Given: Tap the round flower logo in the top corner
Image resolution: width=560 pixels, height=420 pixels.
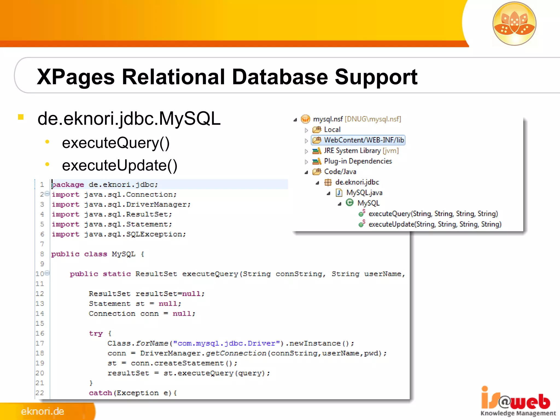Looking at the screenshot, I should coord(514,24).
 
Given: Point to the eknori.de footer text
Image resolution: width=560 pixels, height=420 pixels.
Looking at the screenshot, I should coord(42,411).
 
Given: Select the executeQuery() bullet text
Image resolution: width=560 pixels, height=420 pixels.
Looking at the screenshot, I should coord(116,143).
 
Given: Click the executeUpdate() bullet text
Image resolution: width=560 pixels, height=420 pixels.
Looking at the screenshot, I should coord(119,165).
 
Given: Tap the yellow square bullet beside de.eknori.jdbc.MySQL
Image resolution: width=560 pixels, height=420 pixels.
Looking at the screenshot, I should coord(21,117).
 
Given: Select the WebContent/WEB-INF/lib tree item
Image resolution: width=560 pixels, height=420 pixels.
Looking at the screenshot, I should coord(364,140).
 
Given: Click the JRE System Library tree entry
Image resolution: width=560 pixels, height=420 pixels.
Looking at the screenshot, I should coord(361,151).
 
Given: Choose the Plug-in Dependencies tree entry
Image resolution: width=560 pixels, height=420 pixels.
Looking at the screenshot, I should coord(358,161).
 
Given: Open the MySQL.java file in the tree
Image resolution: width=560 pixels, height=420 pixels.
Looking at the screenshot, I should coord(364,193).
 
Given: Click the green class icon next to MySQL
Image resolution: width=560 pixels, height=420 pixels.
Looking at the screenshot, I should coord(349,203).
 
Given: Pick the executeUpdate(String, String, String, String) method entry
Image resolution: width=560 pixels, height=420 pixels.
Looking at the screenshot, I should coord(435,224).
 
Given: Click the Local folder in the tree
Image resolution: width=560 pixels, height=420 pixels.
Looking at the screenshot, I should coord(332,130).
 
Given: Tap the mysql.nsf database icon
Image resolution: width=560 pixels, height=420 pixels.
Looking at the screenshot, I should coord(305,119).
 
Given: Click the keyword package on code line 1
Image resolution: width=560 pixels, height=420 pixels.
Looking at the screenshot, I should coord(68,185).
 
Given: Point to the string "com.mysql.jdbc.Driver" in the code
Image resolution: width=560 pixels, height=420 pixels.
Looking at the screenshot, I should coord(226,343).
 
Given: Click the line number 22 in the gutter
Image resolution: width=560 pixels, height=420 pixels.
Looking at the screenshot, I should coord(40,393).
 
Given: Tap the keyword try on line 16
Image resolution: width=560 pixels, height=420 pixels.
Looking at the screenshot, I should coord(96,334).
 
